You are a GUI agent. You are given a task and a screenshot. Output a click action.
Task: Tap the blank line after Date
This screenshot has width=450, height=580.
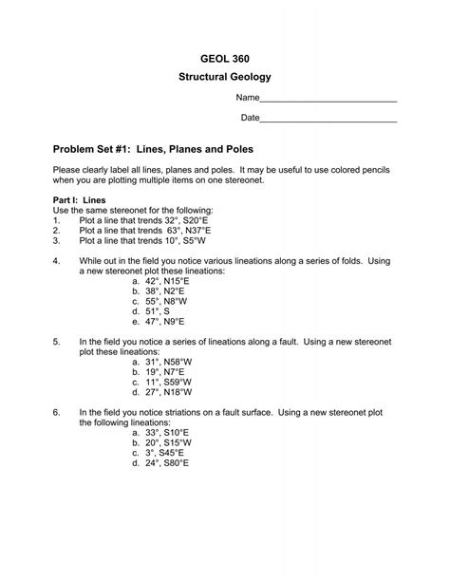[x=328, y=120]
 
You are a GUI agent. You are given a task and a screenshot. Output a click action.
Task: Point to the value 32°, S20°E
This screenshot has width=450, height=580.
[x=186, y=219]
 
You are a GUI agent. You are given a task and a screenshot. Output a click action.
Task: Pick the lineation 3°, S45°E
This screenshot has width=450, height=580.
[x=159, y=454]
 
